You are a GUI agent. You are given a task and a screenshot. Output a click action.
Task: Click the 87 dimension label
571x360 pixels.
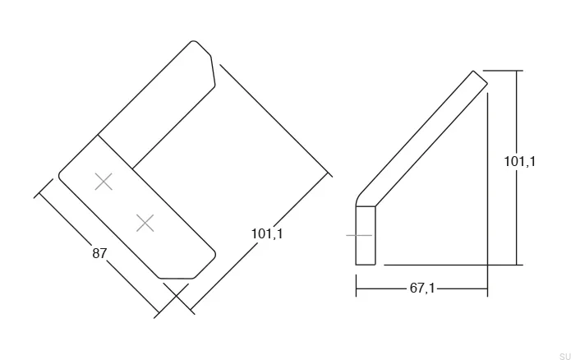tap(99, 254)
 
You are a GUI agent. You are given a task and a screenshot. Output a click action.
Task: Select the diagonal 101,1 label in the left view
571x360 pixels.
tap(267, 234)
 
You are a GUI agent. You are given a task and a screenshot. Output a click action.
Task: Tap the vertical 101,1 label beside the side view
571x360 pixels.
tap(519, 162)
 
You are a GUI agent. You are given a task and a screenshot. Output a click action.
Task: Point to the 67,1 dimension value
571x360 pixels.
tap(422, 288)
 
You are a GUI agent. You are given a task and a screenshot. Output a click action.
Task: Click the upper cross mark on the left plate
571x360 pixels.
tap(104, 182)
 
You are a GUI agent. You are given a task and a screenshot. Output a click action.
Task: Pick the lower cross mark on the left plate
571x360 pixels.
tap(145, 222)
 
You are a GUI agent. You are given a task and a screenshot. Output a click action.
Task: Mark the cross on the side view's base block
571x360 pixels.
tap(359, 235)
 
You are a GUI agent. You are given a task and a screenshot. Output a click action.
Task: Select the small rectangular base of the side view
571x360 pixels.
tap(366, 235)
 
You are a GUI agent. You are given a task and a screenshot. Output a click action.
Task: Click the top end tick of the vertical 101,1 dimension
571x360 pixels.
tap(518, 71)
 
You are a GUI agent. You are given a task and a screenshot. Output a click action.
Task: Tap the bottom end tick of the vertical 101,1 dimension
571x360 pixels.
tap(518, 265)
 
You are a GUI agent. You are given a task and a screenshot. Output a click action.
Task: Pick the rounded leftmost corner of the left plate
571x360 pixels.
tap(61, 174)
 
